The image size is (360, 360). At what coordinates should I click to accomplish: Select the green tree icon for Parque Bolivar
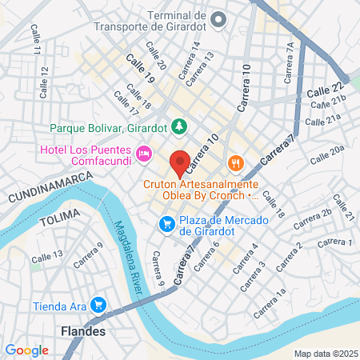(x=181, y=126)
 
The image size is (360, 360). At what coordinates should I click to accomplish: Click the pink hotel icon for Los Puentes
(x=144, y=152)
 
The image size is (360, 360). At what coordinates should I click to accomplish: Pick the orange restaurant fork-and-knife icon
(x=234, y=164)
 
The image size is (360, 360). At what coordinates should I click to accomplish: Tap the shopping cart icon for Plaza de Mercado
(x=166, y=223)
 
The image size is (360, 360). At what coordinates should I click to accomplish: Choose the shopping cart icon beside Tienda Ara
(x=98, y=304)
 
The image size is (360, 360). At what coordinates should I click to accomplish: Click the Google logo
(x=27, y=350)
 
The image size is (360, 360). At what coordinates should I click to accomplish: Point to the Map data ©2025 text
(x=324, y=354)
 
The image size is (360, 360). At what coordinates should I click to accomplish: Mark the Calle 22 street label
(x=324, y=90)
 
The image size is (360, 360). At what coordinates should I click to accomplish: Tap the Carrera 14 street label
(x=190, y=56)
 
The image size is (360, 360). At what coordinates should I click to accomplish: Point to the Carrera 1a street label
(x=270, y=303)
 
